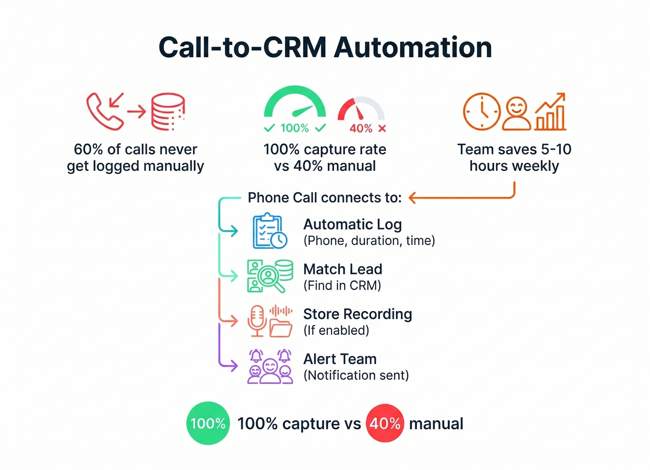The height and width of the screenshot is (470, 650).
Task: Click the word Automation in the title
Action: point(413,48)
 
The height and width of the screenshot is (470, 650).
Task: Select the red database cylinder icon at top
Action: point(168,112)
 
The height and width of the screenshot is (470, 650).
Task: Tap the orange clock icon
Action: point(482,112)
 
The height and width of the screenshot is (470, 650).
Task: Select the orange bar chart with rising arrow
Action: point(550,112)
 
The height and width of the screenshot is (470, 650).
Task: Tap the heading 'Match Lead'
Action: point(343,269)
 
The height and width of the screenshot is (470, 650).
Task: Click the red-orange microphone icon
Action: point(257,321)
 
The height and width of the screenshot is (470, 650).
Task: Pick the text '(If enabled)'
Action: point(336,331)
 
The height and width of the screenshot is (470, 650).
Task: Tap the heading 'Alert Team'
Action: point(340,359)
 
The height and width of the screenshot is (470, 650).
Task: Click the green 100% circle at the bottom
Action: point(208,423)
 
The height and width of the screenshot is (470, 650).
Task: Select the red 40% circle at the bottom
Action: point(385,423)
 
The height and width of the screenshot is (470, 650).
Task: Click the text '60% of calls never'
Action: point(136,149)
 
